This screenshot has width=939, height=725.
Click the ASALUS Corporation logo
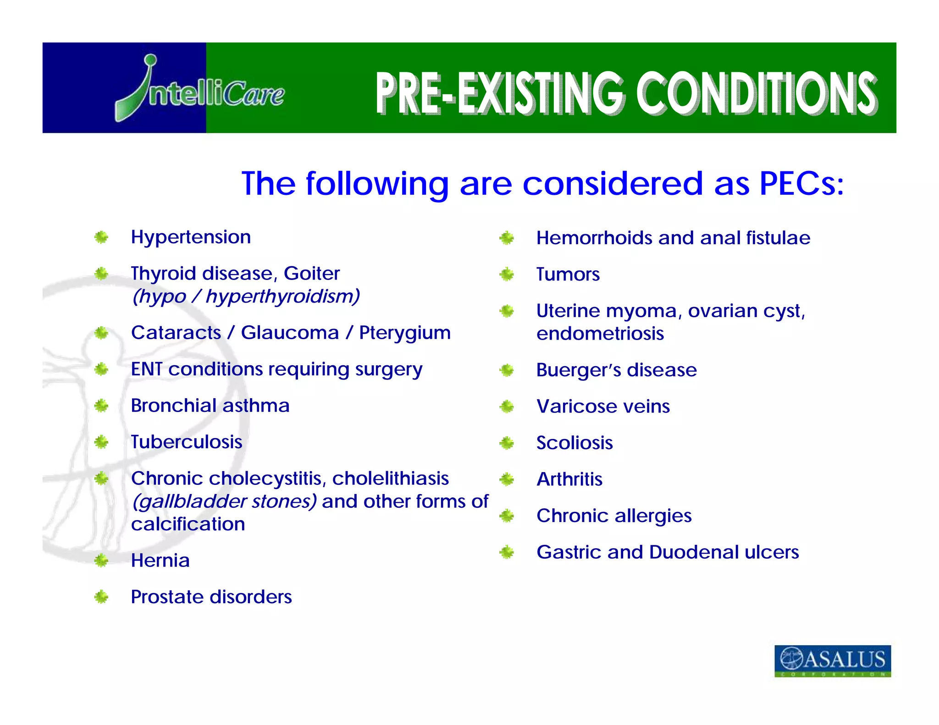tap(832, 660)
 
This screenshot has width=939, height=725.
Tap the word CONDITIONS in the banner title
tap(757, 93)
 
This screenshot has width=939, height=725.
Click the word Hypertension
tap(191, 237)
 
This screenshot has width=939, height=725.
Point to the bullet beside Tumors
tap(507, 275)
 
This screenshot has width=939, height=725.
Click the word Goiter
tap(311, 274)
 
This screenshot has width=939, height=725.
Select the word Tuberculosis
tap(186, 442)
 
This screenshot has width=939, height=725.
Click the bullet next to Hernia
tap(101, 560)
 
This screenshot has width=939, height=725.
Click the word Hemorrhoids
tap(594, 238)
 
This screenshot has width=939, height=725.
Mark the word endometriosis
tap(600, 334)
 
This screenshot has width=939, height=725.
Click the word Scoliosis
tap(574, 443)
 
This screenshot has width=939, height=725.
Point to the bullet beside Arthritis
tap(507, 480)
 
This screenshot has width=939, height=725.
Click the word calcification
tap(188, 524)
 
